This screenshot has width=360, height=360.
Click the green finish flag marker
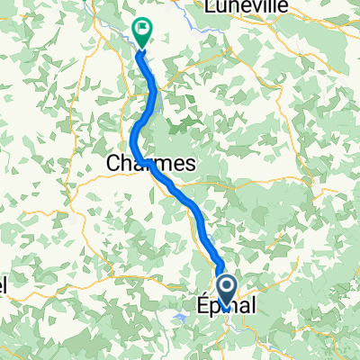[142, 31]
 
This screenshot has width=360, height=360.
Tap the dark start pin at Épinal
[228, 291]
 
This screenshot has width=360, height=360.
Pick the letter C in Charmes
[112, 164]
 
